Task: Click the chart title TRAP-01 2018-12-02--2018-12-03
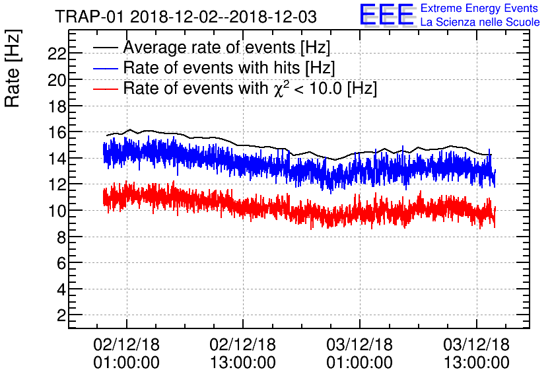click(186, 15)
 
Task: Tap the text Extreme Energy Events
click(480, 9)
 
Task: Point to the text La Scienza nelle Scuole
click(480, 22)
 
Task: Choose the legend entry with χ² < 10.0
click(250, 88)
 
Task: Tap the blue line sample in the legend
click(106, 68)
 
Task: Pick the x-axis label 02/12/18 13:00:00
click(243, 354)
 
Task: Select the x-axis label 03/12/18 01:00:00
click(360, 354)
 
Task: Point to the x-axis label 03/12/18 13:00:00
click(476, 354)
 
